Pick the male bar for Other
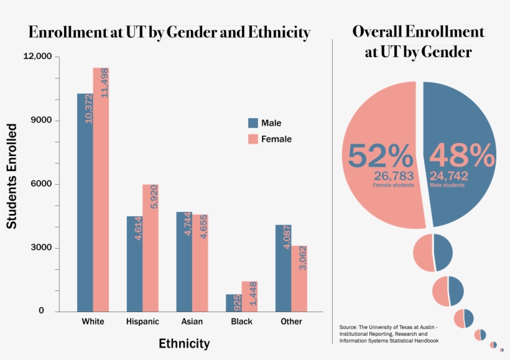pos(284,267)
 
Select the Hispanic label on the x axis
pos(142,321)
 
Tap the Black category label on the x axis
pos(241,321)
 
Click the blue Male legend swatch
pos(253,122)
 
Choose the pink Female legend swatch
pos(253,139)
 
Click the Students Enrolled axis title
pos(12,176)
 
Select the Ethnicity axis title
pos(184,343)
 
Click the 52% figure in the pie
pos(380,155)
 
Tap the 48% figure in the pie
pos(462,155)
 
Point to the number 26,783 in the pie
pos(394,176)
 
